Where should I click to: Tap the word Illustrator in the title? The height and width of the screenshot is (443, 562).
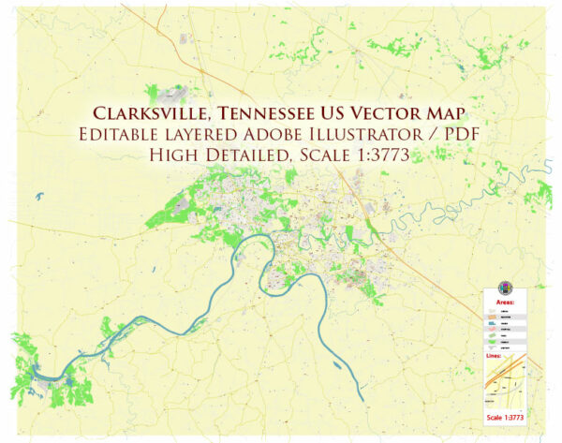pos(378,136)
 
